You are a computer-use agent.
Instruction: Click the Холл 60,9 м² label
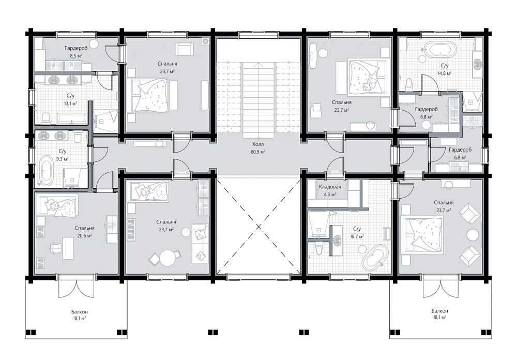pyautogui.click(x=258, y=148)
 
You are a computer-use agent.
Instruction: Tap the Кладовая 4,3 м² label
pyautogui.click(x=330, y=190)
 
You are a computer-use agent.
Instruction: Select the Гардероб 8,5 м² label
pyautogui.click(x=76, y=52)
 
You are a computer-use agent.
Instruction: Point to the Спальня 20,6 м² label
pyautogui.click(x=84, y=232)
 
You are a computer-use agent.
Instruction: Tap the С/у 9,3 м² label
pyautogui.click(x=63, y=155)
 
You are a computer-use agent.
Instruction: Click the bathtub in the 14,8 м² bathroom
pyautogui.click(x=440, y=50)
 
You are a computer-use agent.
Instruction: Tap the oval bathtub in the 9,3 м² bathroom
pyautogui.click(x=47, y=170)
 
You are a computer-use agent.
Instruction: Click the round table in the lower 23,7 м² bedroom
pyautogui.click(x=168, y=258)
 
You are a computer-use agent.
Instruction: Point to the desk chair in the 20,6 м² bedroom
pyautogui.click(x=55, y=247)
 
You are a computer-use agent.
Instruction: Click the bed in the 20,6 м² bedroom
pyautogui.click(x=58, y=206)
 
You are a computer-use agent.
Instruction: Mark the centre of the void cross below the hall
pyautogui.click(x=259, y=227)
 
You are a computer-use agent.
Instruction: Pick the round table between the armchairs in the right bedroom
pyautogui.click(x=473, y=235)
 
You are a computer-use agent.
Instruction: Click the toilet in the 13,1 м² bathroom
pyautogui.click(x=46, y=118)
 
